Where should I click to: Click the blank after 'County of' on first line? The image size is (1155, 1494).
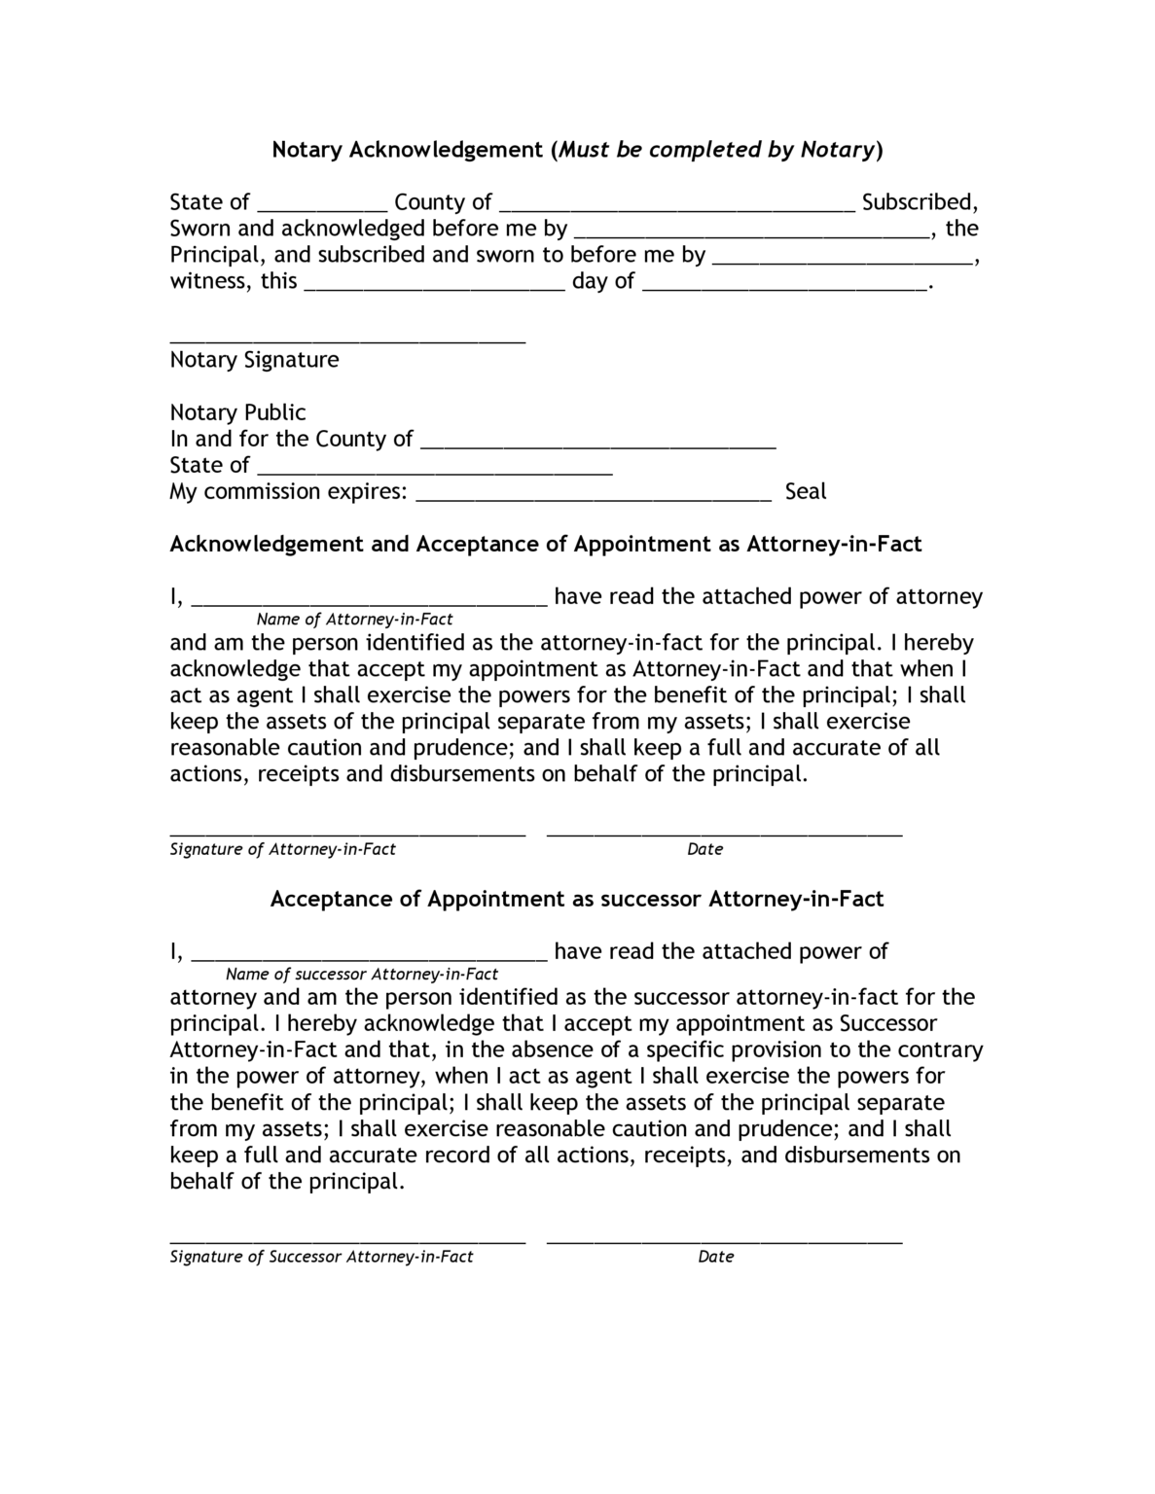(x=677, y=204)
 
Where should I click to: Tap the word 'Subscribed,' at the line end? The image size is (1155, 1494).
(x=920, y=202)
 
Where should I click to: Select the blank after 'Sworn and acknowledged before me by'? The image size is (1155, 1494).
(x=750, y=231)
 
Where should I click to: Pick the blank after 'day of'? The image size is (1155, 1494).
(x=786, y=284)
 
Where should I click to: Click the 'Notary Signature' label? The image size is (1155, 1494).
(x=254, y=360)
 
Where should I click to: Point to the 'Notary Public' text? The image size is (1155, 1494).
(x=237, y=412)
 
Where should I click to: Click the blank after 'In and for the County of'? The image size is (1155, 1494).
(x=597, y=443)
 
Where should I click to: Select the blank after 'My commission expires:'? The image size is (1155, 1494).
(x=594, y=495)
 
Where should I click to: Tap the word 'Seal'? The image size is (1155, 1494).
(x=805, y=491)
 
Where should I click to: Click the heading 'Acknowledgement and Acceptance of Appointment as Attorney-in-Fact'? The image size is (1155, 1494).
(x=545, y=544)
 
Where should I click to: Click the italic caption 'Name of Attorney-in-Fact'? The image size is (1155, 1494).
(x=354, y=620)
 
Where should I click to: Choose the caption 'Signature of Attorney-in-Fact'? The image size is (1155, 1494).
(x=282, y=849)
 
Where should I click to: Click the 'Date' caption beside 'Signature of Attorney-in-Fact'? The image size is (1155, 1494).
(x=704, y=849)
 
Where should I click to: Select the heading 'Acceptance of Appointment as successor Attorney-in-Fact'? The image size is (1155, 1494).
(x=576, y=899)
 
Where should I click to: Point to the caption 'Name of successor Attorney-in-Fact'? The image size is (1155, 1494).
(x=361, y=974)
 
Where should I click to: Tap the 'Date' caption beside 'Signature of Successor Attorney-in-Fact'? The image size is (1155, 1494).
(x=715, y=1257)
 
